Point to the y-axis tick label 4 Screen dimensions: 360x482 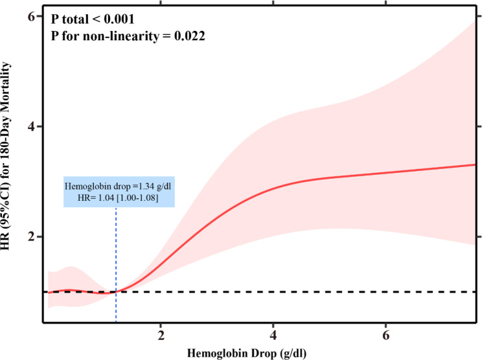pyautogui.click(x=30, y=126)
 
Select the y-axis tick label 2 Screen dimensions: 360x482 pyautogui.click(x=30, y=237)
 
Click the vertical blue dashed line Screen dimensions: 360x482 pyautogui.click(x=116, y=259)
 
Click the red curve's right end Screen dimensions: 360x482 pyautogui.click(x=476, y=164)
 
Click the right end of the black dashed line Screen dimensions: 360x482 pyautogui.click(x=476, y=292)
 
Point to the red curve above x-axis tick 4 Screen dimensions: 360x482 pyautogui.click(x=274, y=186)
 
